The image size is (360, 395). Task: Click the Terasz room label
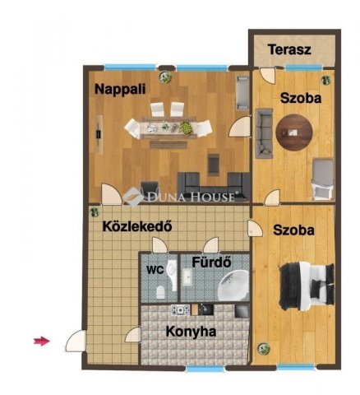[x=289, y=49]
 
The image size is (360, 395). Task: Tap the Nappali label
[x=120, y=89]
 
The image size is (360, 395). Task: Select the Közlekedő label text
[x=137, y=226]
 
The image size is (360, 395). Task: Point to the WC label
[x=155, y=270]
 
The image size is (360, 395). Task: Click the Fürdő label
[x=211, y=263]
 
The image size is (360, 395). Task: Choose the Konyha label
[x=191, y=332]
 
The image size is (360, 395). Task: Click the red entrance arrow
[x=42, y=341]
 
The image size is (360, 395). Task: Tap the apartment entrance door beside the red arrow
[x=76, y=341]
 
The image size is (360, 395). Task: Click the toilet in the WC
[x=160, y=292]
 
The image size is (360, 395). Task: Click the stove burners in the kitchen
[x=180, y=310]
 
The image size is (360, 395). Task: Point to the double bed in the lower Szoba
[x=307, y=286]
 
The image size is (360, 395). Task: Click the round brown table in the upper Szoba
[x=294, y=132]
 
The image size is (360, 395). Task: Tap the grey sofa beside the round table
[x=264, y=133]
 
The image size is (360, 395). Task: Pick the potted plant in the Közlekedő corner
[x=95, y=211]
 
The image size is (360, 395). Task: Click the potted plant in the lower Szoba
[x=264, y=348]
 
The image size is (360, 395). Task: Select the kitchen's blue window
[x=205, y=369]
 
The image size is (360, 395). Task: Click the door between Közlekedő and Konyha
[x=133, y=334]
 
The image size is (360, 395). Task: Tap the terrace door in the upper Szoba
[x=267, y=76]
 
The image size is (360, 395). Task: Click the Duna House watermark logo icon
[x=133, y=197]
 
